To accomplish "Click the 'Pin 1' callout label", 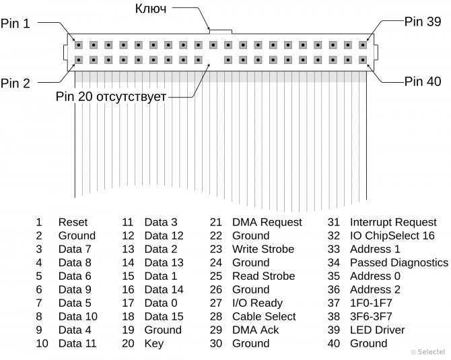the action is (15, 24).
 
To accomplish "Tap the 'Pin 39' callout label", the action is (423, 22).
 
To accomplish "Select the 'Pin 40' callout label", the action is (423, 81).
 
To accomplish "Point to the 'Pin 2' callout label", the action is (15, 83).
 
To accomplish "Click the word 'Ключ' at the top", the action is (151, 9).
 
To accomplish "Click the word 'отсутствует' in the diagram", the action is (131, 97).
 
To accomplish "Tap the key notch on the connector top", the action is (221, 32).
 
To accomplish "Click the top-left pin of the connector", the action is (79, 45).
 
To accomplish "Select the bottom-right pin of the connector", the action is (363, 60).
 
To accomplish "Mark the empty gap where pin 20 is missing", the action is (213, 60).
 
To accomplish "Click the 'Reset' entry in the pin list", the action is (73, 222).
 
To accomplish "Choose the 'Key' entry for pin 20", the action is (154, 344).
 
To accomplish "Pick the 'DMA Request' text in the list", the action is (267, 222).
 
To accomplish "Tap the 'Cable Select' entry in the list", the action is (264, 316).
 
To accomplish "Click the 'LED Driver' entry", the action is (377, 330).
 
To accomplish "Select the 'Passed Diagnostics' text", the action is (399, 263).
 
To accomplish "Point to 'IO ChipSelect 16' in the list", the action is (392, 236).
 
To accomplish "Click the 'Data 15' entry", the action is (164, 316).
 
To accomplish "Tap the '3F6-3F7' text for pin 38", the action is (371, 316).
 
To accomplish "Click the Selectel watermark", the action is (428, 352).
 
